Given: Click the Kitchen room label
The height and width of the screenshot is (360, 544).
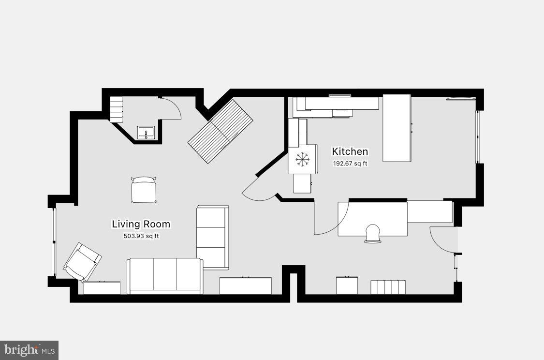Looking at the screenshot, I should point(350,151).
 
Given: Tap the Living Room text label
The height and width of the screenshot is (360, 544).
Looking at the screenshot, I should point(141,224).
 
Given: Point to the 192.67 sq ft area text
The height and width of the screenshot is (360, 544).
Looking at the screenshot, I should point(350,164).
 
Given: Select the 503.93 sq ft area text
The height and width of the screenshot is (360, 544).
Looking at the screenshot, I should point(141,236).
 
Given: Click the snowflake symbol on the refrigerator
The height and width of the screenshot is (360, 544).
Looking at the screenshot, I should point(303,159).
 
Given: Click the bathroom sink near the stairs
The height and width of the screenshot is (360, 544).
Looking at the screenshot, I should point(146,132).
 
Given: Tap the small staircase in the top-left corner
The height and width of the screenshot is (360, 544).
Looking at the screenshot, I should point(116,109).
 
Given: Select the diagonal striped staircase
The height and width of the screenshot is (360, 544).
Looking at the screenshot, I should point(221,131).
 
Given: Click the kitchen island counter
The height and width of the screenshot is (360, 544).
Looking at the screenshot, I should point(397,128).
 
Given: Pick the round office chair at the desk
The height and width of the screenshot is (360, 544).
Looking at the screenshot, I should point(373,233).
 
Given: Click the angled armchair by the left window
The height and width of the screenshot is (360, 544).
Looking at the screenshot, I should point(82,262).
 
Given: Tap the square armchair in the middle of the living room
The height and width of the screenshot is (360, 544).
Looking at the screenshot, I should point(144,190).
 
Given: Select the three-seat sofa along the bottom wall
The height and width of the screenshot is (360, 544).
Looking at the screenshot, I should point(164,276).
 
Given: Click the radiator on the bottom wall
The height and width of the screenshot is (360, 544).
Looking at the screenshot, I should point(388,286).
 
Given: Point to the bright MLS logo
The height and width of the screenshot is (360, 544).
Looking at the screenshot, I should point(29,350).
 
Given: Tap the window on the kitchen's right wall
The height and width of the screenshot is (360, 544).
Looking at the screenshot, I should point(478,137).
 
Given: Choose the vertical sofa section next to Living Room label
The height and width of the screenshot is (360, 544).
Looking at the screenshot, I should point(212,237).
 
